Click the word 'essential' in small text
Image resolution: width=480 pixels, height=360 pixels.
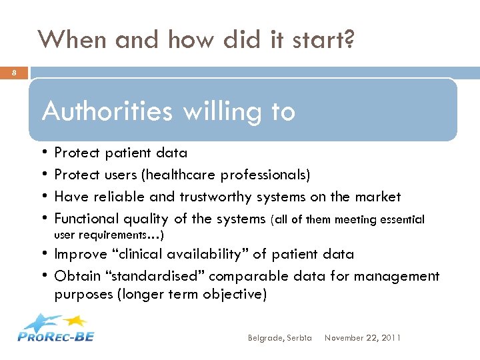click(399, 219)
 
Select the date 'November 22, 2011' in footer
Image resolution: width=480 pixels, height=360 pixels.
click(362, 338)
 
